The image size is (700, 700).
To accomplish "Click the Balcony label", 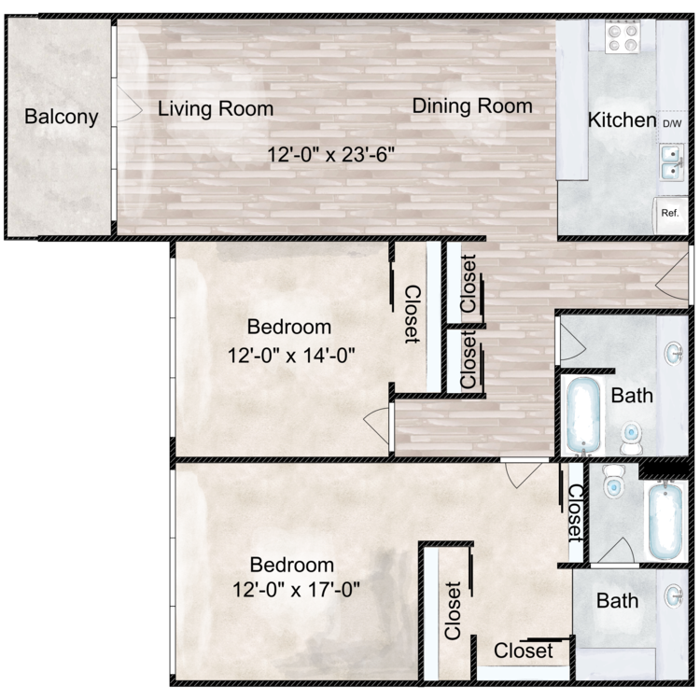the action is tap(62, 117).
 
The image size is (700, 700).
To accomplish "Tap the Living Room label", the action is tap(216, 109).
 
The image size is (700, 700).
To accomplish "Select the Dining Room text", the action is tap(472, 105).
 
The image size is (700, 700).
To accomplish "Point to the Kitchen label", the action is tap(622, 119).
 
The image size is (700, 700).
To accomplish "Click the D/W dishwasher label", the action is tap(672, 123).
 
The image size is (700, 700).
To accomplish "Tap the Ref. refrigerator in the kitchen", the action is tap(670, 215).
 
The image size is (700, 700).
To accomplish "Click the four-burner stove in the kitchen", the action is tap(623, 35).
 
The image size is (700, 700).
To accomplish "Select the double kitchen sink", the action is tap(671, 162).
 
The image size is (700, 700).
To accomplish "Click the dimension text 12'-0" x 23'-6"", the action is tap(330, 154).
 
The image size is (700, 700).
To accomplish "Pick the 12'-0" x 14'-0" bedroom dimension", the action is tap(291, 356).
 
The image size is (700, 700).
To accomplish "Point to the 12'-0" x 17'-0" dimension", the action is tap(296, 589).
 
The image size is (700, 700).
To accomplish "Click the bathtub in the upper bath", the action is tap(583, 415).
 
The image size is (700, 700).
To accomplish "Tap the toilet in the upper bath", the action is tap(631, 438).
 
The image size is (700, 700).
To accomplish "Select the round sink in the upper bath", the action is tap(674, 354).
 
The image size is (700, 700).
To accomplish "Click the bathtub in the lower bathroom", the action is tap(665, 521).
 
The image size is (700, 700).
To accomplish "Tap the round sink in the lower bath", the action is tap(674, 595).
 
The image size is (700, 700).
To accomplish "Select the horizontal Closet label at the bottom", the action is tap(524, 651).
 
